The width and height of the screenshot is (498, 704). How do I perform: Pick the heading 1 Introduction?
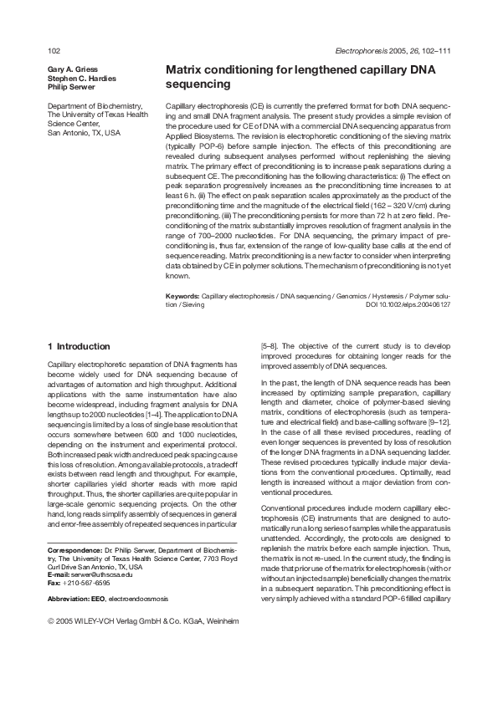pyautogui.click(x=79, y=346)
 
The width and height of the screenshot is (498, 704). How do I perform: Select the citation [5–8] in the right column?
pyautogui.click(x=272, y=345)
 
